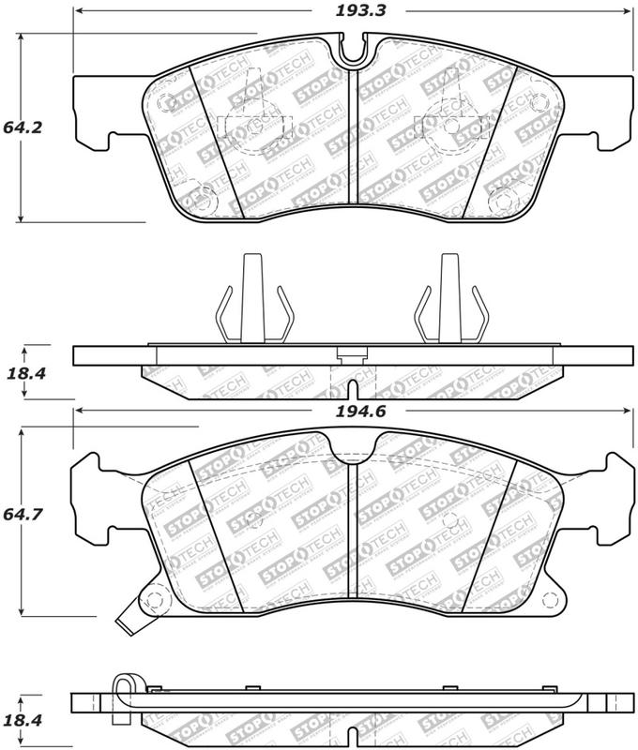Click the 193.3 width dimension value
point(360,11)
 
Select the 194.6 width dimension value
point(360,411)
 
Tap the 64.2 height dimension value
point(23,127)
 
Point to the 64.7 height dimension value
point(23,514)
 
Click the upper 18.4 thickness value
point(26,373)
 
